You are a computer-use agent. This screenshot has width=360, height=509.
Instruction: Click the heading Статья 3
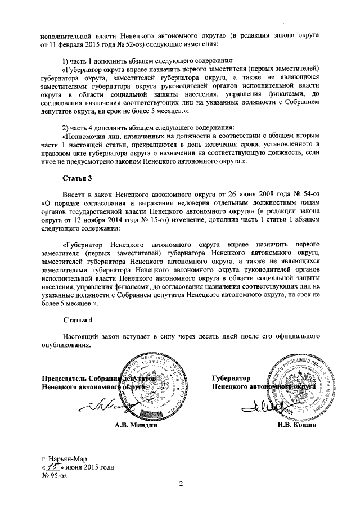tap(78, 179)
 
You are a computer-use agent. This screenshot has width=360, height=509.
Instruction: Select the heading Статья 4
tap(78, 320)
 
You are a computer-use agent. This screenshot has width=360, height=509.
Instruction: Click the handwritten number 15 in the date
tap(52, 466)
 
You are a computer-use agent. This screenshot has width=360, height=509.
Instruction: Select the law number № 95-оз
tap(54, 475)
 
